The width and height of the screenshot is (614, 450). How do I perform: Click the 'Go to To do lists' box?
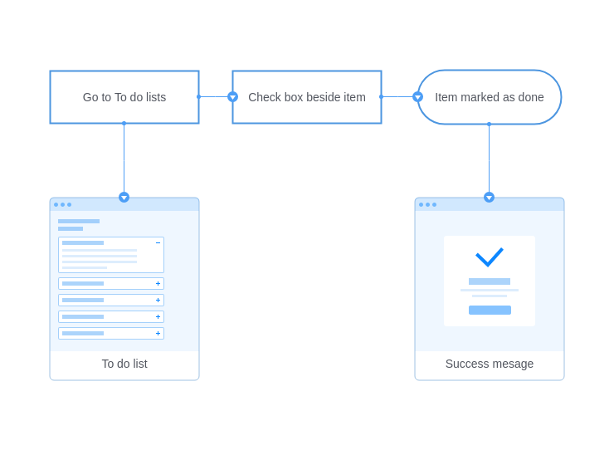(124, 97)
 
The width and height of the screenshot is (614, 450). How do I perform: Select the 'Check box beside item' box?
(307, 97)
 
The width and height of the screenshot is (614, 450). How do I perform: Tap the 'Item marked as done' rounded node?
(489, 97)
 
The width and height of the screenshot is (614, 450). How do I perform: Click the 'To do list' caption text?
(124, 364)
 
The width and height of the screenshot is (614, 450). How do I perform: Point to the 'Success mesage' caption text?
(490, 364)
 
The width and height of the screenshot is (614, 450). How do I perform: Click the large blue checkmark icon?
(489, 257)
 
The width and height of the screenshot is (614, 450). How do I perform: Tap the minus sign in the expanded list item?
(158, 243)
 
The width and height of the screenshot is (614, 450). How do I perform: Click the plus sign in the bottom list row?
(158, 333)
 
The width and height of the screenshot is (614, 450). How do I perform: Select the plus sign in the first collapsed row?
(158, 283)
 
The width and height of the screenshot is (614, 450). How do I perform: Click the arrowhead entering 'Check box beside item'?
(232, 97)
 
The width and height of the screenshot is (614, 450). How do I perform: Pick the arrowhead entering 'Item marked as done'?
(418, 97)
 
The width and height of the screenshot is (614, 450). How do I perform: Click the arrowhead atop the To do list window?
(124, 197)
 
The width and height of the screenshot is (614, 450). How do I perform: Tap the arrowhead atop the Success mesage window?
(489, 197)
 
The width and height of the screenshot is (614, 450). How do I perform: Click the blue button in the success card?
(490, 310)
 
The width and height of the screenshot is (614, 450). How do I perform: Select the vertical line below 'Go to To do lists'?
(124, 158)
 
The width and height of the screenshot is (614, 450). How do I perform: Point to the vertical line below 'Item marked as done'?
(489, 159)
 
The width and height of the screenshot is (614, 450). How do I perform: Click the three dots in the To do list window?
(63, 204)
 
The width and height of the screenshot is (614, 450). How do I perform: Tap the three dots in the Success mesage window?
(427, 204)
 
